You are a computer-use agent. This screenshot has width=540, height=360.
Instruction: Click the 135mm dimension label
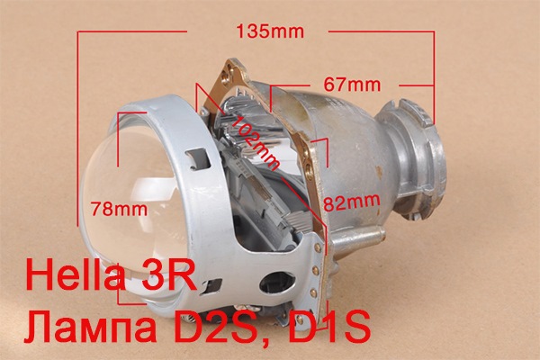(x=270, y=31)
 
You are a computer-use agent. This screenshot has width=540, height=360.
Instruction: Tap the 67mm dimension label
(x=352, y=85)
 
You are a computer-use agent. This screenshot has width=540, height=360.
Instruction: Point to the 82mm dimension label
(x=352, y=202)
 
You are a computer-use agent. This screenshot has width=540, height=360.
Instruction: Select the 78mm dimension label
(x=119, y=209)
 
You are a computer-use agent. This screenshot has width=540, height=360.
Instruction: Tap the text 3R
(x=169, y=275)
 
